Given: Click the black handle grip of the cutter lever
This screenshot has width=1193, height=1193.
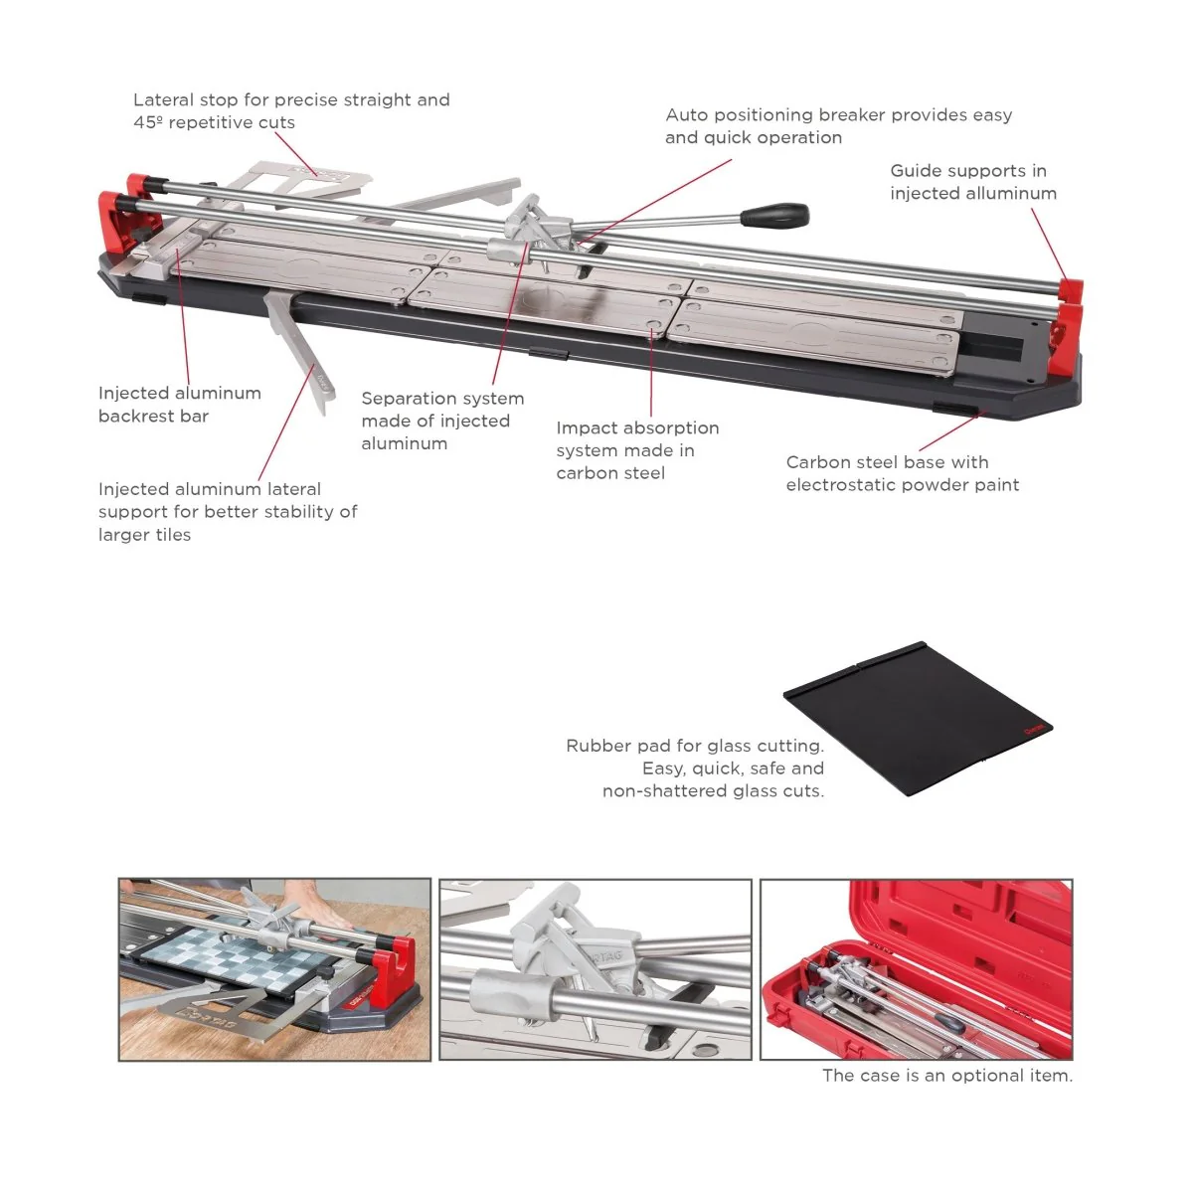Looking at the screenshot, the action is pyautogui.click(x=775, y=214).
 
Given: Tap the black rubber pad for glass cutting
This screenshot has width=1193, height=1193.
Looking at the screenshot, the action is pyautogui.click(x=918, y=718).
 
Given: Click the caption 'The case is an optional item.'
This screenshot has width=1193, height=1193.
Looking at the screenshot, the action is pyautogui.click(x=947, y=1076).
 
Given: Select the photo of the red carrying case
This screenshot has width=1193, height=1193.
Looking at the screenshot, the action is pyautogui.click(x=917, y=969).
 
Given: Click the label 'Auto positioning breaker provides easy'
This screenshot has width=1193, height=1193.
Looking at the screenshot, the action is pyautogui.click(x=839, y=115).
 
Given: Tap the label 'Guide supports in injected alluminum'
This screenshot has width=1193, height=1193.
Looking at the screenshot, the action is pyautogui.click(x=973, y=182).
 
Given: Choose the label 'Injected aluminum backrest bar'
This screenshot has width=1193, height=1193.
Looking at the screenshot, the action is pyautogui.click(x=180, y=405).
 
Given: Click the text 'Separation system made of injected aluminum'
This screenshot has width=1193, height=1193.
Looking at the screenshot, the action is pyautogui.click(x=442, y=421).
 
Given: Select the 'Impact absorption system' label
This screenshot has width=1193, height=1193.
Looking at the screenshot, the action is pyautogui.click(x=637, y=439).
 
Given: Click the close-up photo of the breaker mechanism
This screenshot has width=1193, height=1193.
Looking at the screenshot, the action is pyautogui.click(x=596, y=969).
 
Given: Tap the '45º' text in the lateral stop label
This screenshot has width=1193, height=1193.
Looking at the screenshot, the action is pyautogui.click(x=148, y=122).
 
